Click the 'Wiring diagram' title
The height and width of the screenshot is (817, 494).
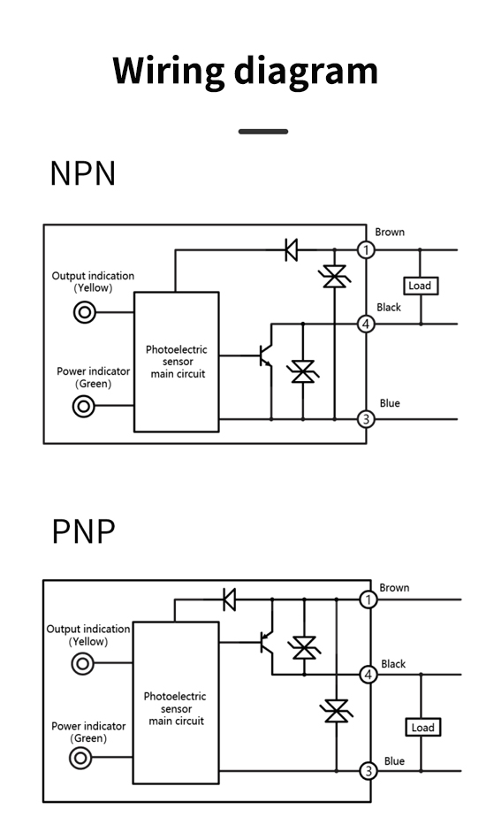pyautogui.click(x=245, y=72)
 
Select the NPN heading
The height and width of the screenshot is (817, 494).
pyautogui.click(x=83, y=173)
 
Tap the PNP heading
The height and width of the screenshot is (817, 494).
pyautogui.click(x=83, y=531)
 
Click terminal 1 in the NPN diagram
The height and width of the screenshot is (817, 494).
pyautogui.click(x=366, y=250)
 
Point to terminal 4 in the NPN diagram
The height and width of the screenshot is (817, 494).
pyautogui.click(x=366, y=325)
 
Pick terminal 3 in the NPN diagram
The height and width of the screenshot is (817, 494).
pyautogui.click(x=366, y=419)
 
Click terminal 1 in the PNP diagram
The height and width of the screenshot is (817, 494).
pyautogui.click(x=369, y=599)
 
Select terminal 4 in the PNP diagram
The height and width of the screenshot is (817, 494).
pyautogui.click(x=369, y=675)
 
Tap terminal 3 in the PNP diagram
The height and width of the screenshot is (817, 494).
pyautogui.click(x=369, y=771)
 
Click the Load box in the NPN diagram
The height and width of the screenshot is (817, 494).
pyautogui.click(x=421, y=286)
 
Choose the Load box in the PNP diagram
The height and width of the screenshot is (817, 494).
pyautogui.click(x=423, y=728)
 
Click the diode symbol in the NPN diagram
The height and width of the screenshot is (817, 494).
pyautogui.click(x=292, y=250)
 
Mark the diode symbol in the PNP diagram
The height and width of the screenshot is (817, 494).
pyautogui.click(x=229, y=599)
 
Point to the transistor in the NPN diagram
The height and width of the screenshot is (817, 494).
pyautogui.click(x=265, y=355)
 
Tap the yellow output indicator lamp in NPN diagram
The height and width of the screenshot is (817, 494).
pyautogui.click(x=84, y=313)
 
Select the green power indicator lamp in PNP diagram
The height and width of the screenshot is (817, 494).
pyautogui.click(x=80, y=758)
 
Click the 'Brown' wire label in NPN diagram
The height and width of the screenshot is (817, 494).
pyautogui.click(x=390, y=233)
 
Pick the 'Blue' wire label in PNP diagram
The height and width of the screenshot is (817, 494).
pyautogui.click(x=394, y=761)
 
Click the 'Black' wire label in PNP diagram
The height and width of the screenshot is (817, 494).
pyautogui.click(x=393, y=664)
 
